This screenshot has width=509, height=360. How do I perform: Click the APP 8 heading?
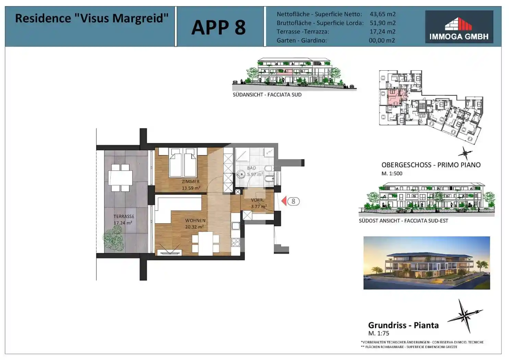click(x=218, y=27)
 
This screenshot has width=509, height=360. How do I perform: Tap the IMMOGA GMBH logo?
click(x=459, y=27)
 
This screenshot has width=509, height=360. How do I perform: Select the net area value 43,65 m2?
click(x=382, y=14)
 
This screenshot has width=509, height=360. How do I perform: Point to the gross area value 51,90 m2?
click(x=382, y=23)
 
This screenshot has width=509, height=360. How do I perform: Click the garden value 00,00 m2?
click(x=381, y=40)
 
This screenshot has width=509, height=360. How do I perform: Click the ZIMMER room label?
click(x=191, y=182)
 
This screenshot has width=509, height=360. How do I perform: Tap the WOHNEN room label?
click(x=195, y=220)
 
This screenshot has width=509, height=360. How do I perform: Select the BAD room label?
click(x=251, y=168)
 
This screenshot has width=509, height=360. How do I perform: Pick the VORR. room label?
click(x=257, y=200)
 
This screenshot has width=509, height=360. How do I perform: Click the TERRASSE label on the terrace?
click(x=124, y=216)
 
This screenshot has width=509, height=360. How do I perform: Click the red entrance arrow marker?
click(x=284, y=201)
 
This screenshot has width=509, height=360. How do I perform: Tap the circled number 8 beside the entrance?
click(x=293, y=201)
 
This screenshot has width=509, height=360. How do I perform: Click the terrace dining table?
click(x=120, y=178)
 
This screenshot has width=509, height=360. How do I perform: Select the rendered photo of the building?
click(x=426, y=263)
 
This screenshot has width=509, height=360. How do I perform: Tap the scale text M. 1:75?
click(x=378, y=333)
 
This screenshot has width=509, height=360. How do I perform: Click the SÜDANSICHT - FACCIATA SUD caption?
click(x=267, y=95)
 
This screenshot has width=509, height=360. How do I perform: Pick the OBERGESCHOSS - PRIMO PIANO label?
click(x=431, y=165)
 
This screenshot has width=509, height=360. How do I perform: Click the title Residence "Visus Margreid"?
click(x=92, y=18)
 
